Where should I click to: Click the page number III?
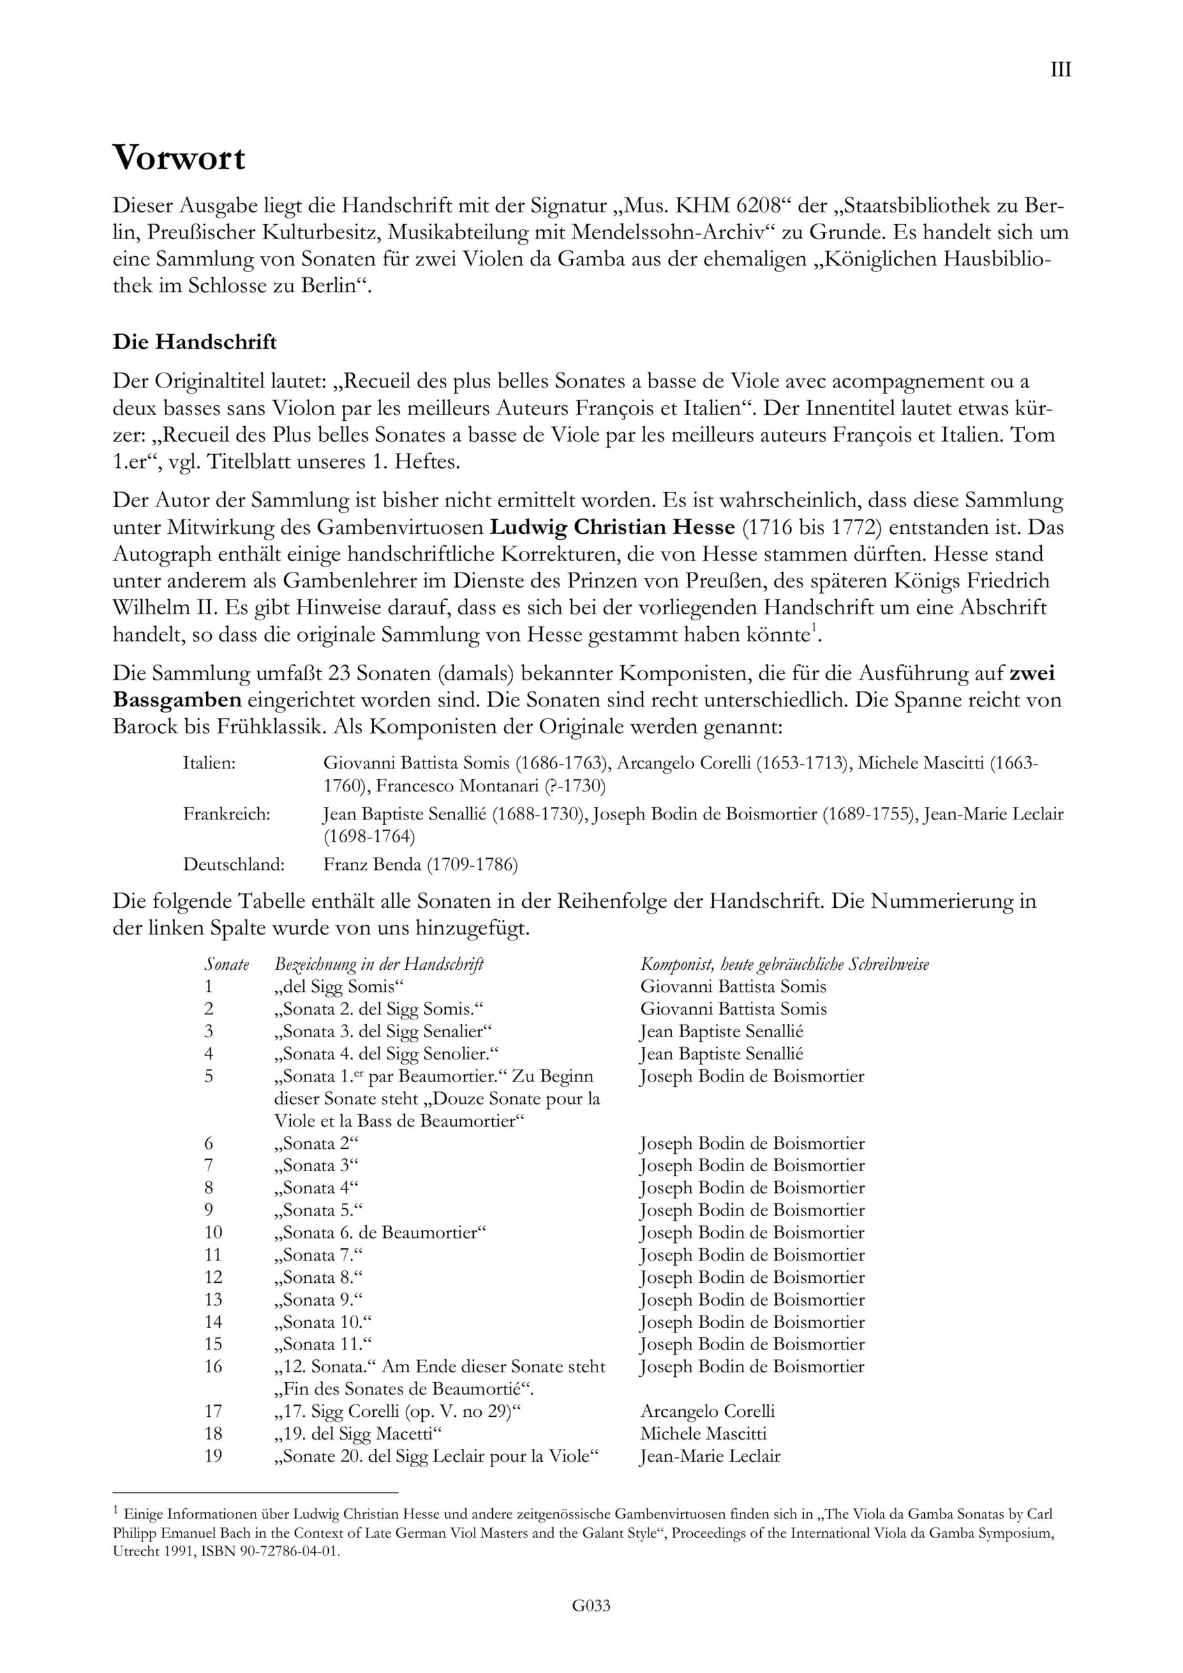(1061, 70)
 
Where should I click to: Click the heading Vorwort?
(178, 158)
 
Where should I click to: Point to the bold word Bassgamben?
(177, 699)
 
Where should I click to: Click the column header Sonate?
(227, 964)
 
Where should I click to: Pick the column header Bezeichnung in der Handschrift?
(379, 964)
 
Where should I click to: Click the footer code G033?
(591, 1626)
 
